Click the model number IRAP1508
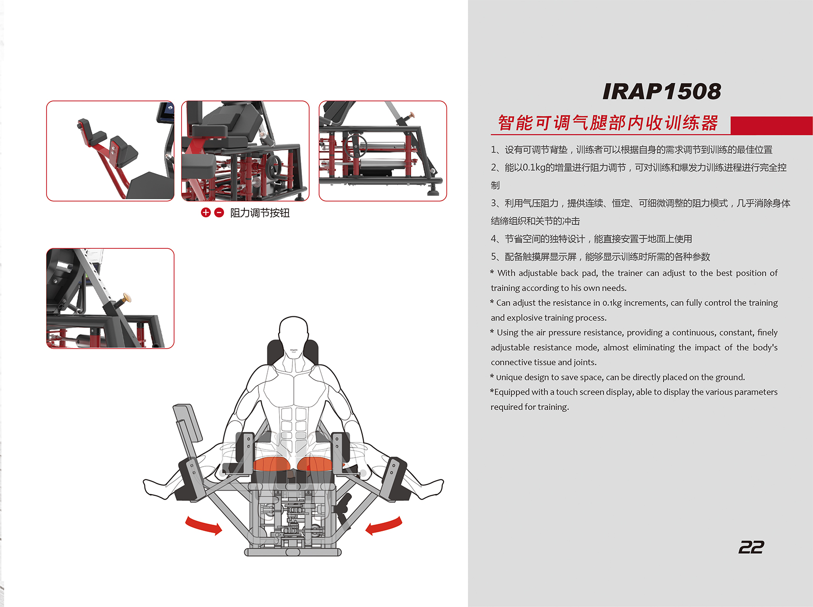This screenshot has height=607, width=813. coord(661,91)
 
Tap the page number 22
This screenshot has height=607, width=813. coord(751,547)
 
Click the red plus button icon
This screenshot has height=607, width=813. coord(205,213)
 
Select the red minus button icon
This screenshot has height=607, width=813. coord(219,213)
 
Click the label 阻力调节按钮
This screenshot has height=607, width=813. coord(260,213)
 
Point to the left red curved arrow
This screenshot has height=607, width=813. coord(203,525)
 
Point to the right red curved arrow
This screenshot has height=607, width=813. coord(384,525)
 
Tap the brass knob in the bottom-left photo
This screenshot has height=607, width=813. coord(126,298)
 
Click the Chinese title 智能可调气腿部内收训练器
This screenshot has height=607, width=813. coord(608,123)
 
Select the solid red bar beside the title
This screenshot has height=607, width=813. coord(772,126)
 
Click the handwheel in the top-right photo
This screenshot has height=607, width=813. coord(357,145)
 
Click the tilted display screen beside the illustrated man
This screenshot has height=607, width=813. coord(188,423)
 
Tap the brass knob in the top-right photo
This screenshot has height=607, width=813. coord(411,115)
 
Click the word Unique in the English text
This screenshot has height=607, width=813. coord(509,378)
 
